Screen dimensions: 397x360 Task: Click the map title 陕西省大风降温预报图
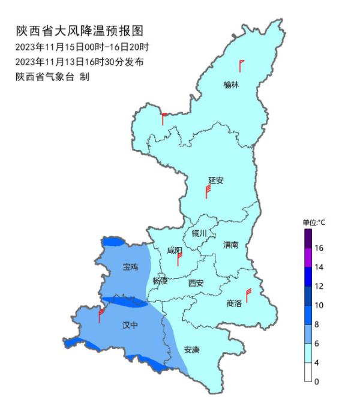80,31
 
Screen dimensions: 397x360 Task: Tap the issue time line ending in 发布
79,62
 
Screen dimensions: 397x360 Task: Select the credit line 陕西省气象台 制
52,77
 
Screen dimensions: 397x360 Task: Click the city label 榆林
231,85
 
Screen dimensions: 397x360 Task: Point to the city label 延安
215,180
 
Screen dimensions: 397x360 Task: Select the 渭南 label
231,245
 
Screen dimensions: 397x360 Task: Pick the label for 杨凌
160,281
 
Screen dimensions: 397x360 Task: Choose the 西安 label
196,282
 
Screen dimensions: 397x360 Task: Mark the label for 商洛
234,303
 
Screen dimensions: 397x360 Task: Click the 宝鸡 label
130,266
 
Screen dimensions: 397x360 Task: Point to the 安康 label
191,350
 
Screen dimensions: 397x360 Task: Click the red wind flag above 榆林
241,65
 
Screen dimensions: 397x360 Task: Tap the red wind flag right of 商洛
247,294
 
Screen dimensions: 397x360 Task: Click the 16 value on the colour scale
320,248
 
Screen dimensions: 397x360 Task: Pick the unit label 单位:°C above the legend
313,222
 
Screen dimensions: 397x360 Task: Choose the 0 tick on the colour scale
317,381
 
